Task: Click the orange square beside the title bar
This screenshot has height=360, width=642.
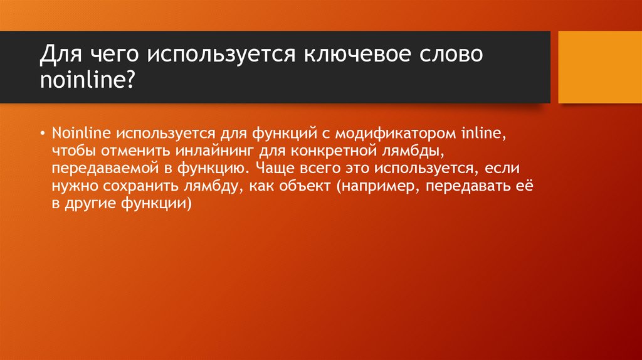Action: click(x=600, y=67)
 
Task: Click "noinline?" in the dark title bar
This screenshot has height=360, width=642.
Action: click(x=87, y=81)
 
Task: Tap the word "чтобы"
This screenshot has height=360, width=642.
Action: click(x=71, y=151)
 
